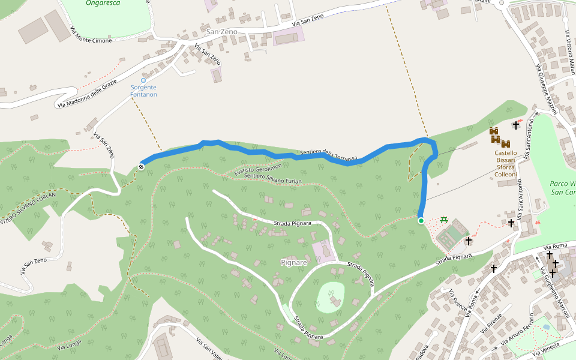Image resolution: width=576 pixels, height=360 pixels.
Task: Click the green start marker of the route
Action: (x=421, y=221)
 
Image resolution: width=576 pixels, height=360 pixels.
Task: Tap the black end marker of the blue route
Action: (x=142, y=167)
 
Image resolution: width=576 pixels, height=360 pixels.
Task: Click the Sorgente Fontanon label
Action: (x=143, y=91)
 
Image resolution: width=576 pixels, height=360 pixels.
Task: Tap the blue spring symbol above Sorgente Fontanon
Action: (x=143, y=80)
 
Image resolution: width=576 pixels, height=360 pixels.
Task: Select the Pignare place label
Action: (x=294, y=263)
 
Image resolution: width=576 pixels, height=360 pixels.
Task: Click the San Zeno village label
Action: (x=221, y=31)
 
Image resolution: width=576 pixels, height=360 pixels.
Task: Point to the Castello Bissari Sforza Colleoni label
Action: (x=505, y=164)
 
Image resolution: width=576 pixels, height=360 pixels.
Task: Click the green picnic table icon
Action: (x=444, y=220)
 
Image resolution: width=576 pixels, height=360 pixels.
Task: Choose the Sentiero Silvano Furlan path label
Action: (x=274, y=178)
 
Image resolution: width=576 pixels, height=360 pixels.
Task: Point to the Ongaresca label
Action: (x=103, y=3)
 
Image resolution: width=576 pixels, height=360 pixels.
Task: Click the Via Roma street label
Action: (x=555, y=247)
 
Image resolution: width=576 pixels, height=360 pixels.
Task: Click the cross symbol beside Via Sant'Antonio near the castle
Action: (x=516, y=125)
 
